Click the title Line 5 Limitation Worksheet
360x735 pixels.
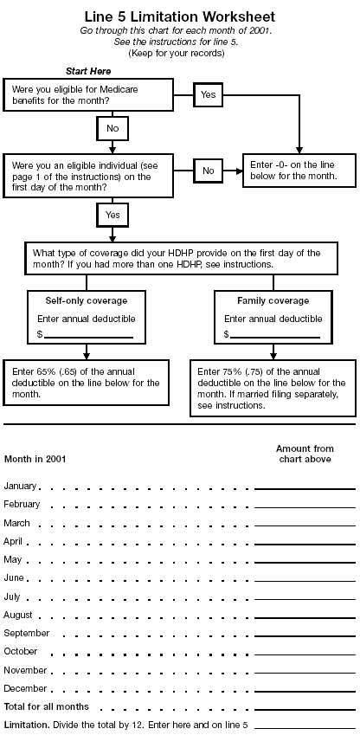[x=180, y=16]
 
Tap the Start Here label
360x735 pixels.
[x=88, y=70]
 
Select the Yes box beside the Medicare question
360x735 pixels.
[x=208, y=93]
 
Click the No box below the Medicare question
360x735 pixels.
[x=112, y=128]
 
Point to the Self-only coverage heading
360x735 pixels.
[x=87, y=300]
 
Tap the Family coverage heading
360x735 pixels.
[x=273, y=300]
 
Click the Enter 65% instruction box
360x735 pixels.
[x=87, y=382]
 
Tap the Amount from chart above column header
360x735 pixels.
[x=305, y=454]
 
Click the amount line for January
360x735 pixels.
[x=305, y=489]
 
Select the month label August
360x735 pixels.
[x=18, y=615]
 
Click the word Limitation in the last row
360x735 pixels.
[x=26, y=724]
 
